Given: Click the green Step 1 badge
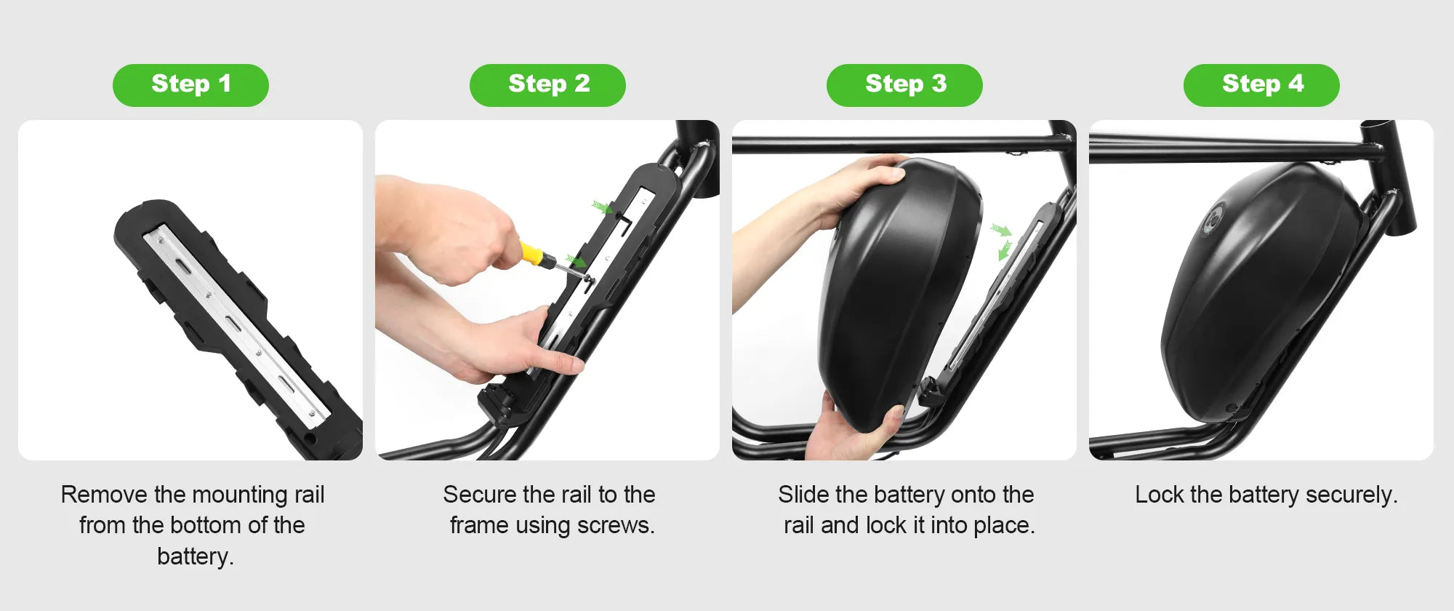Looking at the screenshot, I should point(190,85).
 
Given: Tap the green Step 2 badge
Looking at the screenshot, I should point(547,85).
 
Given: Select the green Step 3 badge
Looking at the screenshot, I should point(904,85).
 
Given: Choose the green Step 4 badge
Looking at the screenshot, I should point(1261,85).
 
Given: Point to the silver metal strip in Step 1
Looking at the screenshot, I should point(233,320).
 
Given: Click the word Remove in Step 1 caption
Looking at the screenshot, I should point(104,495).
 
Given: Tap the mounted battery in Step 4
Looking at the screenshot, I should point(1258,291).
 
